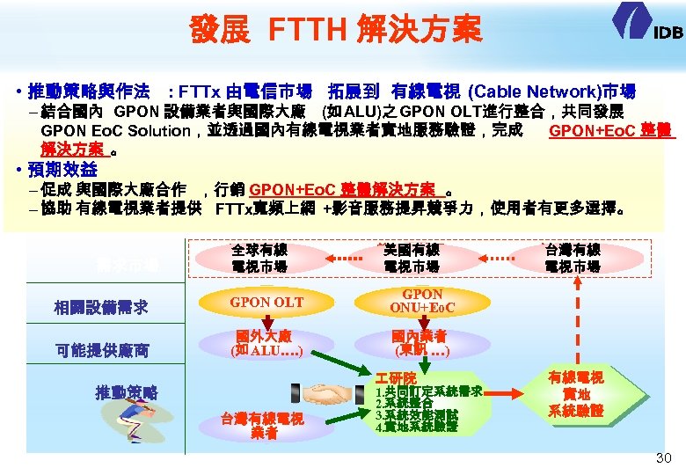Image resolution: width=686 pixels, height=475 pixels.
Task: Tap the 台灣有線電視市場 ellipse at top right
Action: coord(573,258)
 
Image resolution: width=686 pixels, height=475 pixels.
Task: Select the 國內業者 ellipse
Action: coord(421,343)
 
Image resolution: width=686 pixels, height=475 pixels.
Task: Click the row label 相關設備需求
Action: coord(100,308)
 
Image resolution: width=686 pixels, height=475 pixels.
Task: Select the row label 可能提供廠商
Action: coord(100,350)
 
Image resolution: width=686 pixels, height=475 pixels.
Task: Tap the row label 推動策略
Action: coord(127,391)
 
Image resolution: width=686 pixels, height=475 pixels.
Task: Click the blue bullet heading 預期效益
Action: coord(61,168)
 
